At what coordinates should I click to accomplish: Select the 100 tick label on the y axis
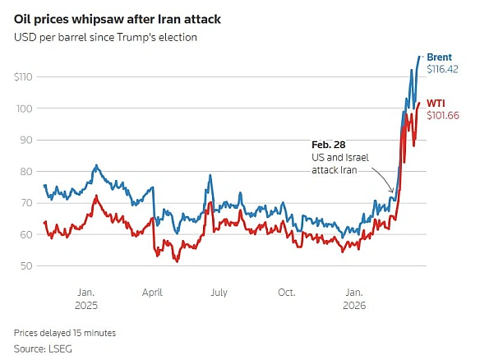coord(26,108)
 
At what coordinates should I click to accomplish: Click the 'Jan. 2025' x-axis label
coord(86,298)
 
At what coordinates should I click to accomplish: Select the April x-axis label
coord(152,292)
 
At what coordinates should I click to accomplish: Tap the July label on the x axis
coord(219,292)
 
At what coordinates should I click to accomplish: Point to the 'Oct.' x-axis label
coord(286,292)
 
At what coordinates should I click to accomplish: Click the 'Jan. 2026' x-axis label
coord(353,298)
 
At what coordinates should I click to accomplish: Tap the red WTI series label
coord(437,103)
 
